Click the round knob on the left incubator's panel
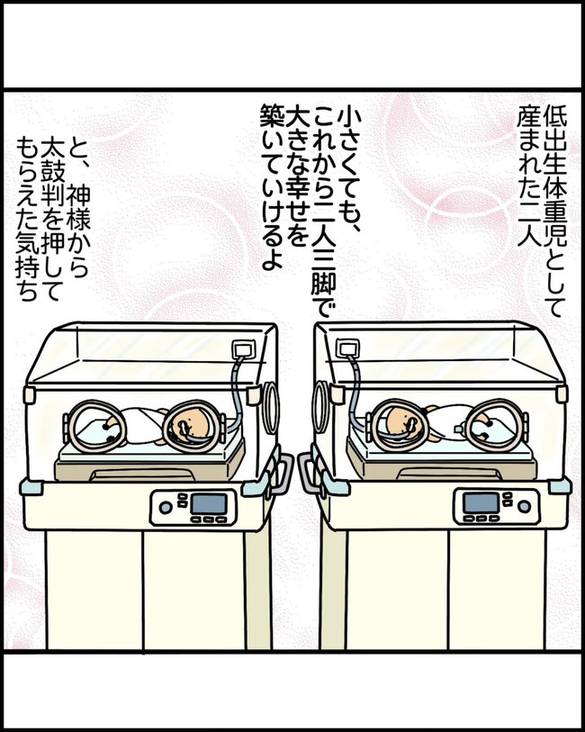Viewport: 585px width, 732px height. click(165, 507)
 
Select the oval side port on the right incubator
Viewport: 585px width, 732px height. click(319, 396)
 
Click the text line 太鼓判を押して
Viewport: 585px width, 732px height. click(54, 208)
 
